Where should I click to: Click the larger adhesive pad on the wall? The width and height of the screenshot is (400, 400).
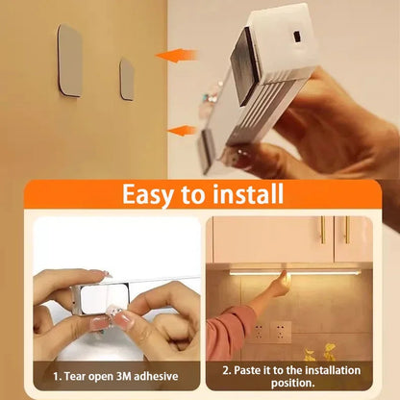(x=70, y=60)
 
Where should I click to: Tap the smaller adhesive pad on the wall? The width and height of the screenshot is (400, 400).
(x=126, y=78)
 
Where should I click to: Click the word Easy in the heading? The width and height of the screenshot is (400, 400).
(x=145, y=194)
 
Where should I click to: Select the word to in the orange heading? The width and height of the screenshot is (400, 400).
(x=190, y=195)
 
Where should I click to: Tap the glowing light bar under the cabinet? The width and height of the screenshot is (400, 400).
(x=293, y=272)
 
